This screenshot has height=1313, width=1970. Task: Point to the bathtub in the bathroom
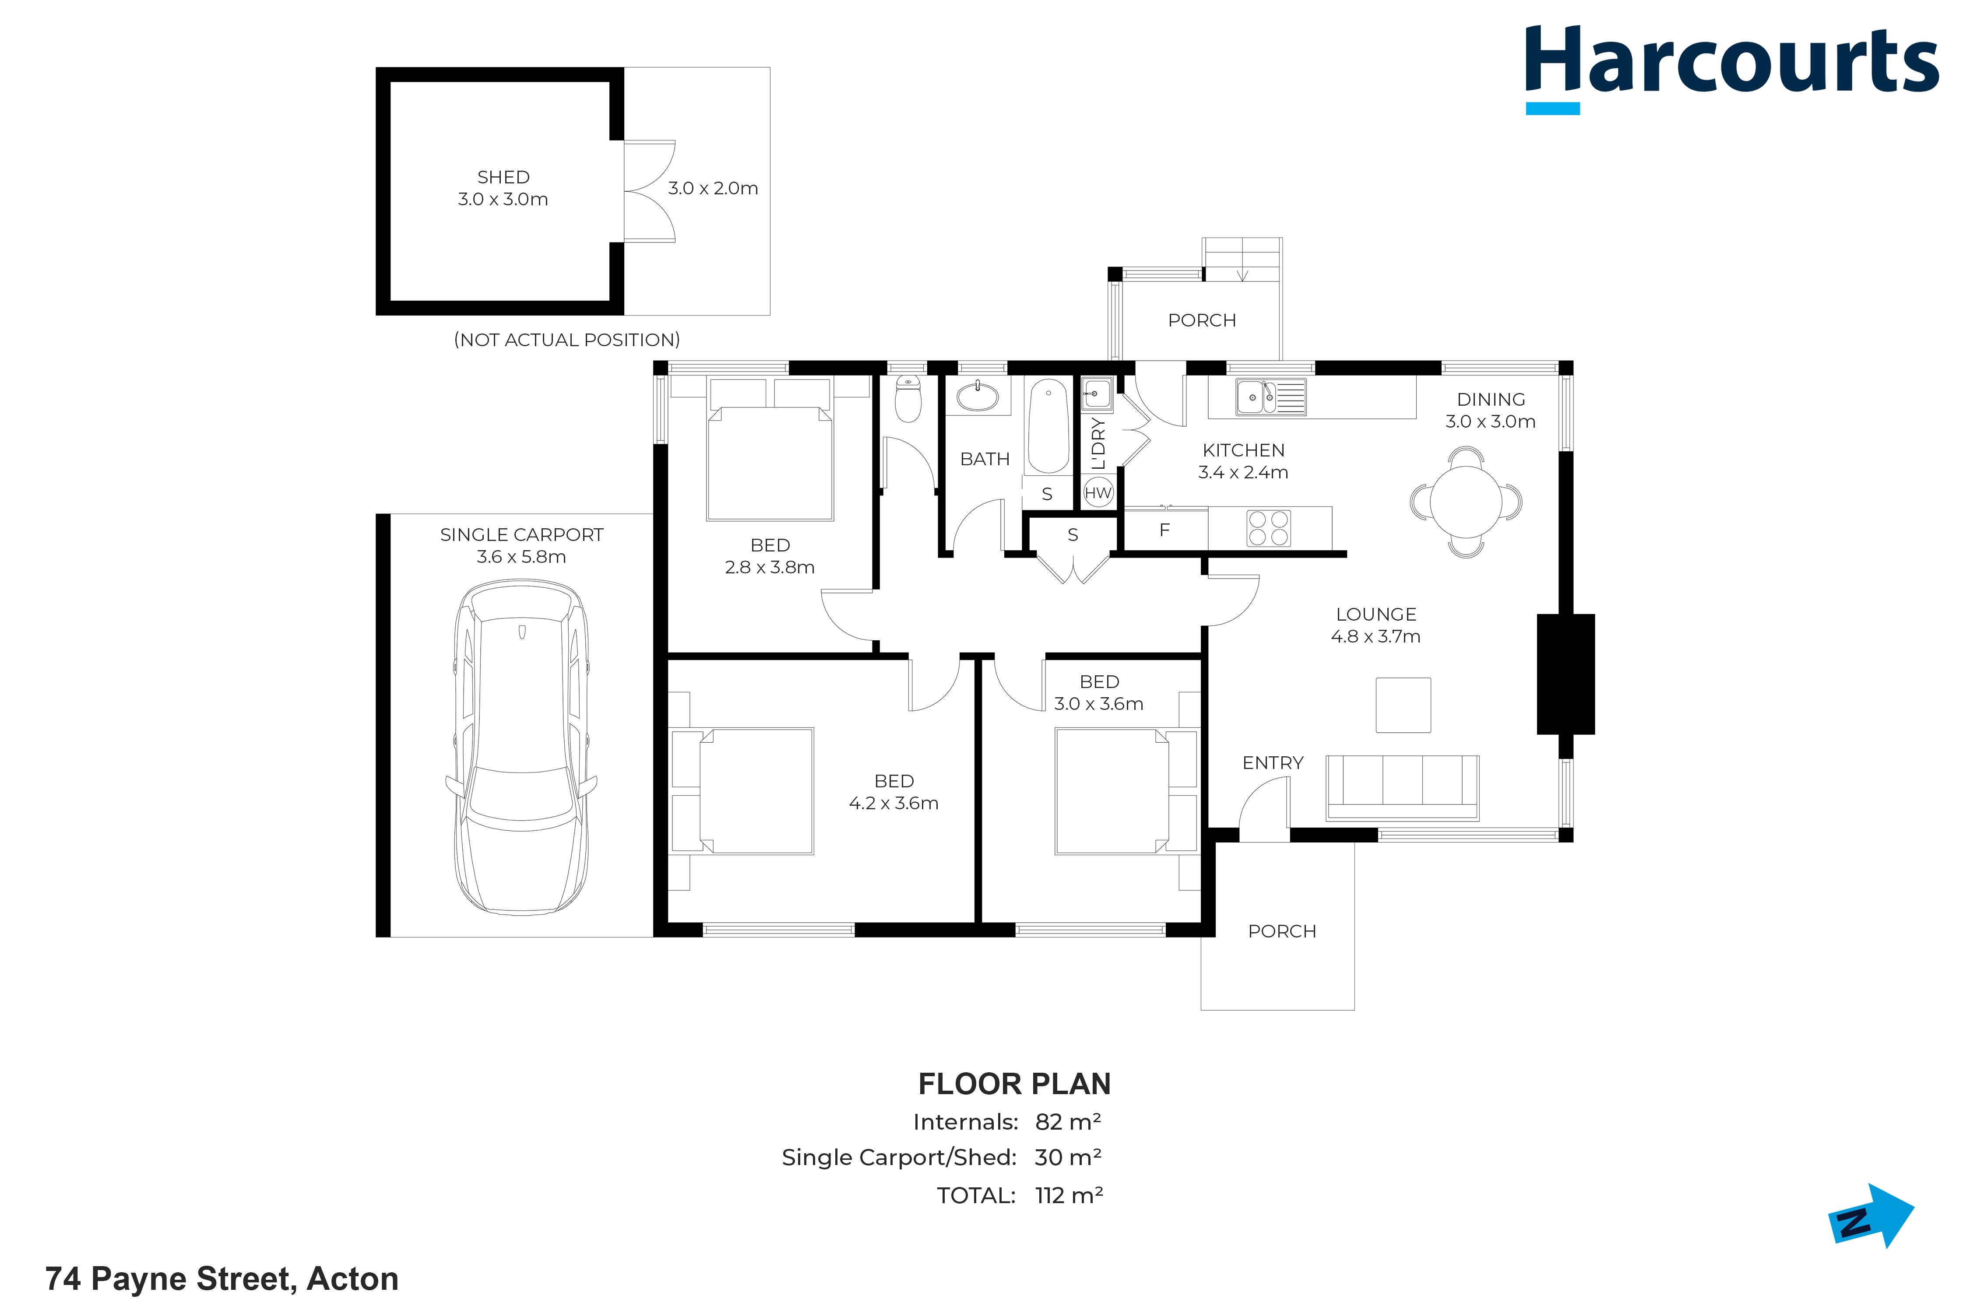coord(1048,427)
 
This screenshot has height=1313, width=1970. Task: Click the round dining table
coord(1466,502)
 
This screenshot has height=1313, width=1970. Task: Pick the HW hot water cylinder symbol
coord(1098,492)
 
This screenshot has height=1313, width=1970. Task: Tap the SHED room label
coord(503,178)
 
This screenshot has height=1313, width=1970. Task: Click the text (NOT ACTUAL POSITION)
coord(567,340)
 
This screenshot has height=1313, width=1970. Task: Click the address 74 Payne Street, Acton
coord(222,1279)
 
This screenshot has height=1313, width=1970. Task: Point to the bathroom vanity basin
coord(977,396)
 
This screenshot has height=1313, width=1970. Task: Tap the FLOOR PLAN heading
coord(1014,1085)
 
